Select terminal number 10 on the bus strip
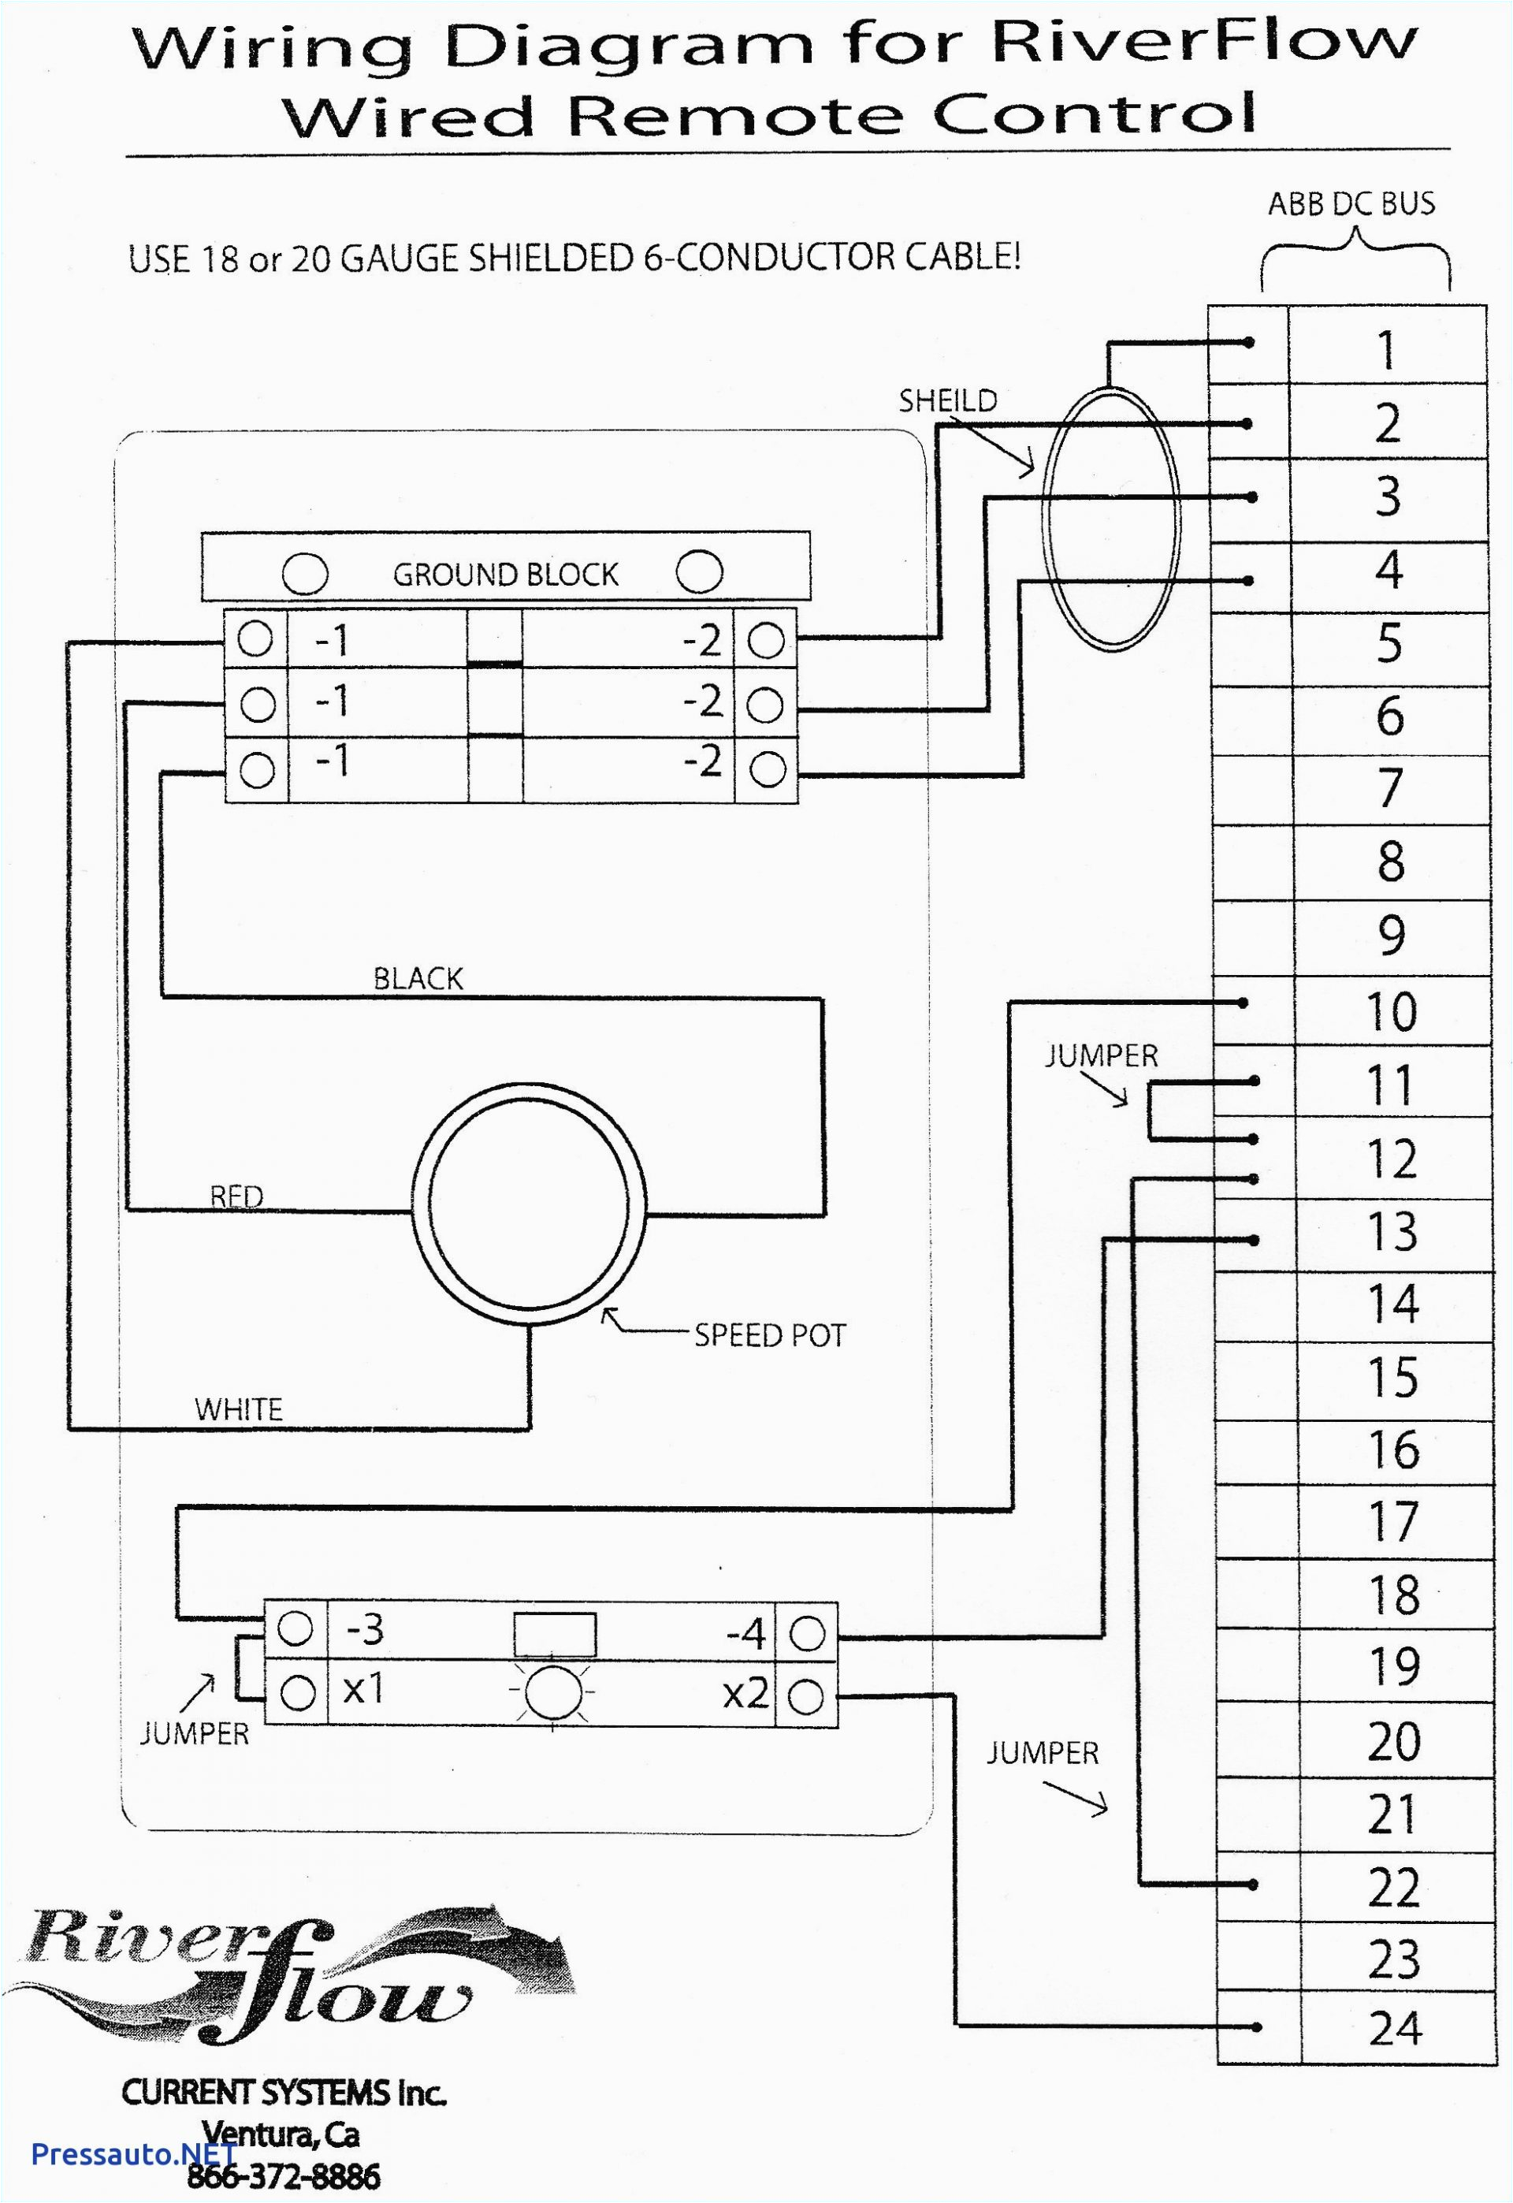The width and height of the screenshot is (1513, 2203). click(x=1391, y=1011)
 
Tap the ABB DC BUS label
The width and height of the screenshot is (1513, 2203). click(x=1351, y=204)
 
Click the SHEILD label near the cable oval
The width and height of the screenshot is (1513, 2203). click(x=947, y=401)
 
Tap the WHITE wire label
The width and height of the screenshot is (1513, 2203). click(x=238, y=1409)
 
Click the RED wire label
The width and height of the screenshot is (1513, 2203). click(x=236, y=1196)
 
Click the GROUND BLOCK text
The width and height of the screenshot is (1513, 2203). click(x=504, y=575)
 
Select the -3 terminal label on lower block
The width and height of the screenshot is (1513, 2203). click(x=365, y=1629)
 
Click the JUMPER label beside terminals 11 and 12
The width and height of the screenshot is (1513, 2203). click(x=1101, y=1056)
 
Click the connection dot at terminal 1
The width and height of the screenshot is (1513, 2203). click(x=1250, y=343)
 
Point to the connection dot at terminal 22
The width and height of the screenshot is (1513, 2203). click(x=1253, y=1885)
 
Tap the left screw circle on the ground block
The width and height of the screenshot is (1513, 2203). click(x=305, y=574)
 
